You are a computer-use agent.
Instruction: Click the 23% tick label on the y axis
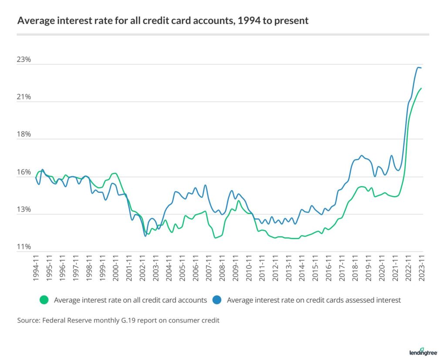coord(24,60)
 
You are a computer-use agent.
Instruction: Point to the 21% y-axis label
coord(24,97)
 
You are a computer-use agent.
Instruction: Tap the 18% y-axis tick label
coord(24,135)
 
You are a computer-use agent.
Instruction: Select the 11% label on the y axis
coord(24,247)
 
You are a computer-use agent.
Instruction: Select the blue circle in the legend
coord(217,299)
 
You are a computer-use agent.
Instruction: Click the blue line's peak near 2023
coord(419,67)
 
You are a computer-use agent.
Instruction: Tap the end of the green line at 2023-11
coord(421,88)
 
